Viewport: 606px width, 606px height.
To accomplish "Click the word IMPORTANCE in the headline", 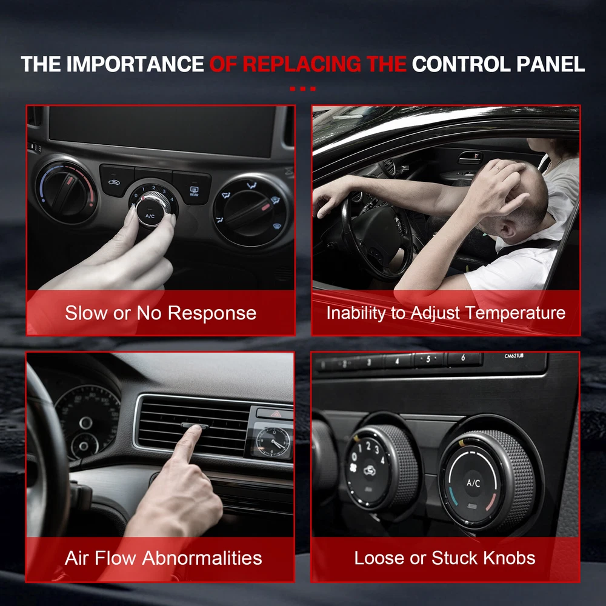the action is tap(135, 64).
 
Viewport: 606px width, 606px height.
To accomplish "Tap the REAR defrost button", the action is tap(194, 191).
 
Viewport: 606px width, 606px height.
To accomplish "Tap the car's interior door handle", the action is tap(470, 158).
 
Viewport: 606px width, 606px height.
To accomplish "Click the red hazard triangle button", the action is tap(276, 415).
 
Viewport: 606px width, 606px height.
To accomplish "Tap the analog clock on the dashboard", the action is tap(273, 442).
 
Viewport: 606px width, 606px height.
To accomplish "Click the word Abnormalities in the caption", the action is tap(202, 558).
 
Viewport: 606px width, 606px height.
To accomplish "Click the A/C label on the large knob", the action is tap(473, 483).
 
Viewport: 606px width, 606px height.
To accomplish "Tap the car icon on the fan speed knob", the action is tap(370, 470).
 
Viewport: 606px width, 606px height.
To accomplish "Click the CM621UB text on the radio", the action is tap(514, 356).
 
